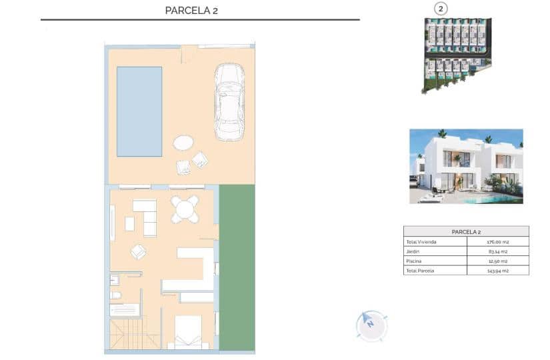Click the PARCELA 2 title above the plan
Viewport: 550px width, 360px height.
pyautogui.click(x=191, y=10)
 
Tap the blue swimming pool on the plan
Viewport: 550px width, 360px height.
pyautogui.click(x=139, y=111)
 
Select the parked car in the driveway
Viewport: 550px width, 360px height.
pyautogui.click(x=229, y=102)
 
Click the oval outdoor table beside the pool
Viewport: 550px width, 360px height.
pyautogui.click(x=183, y=143)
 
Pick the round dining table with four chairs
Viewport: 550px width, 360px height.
pyautogui.click(x=184, y=209)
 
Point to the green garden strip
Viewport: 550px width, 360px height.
pyautogui.click(x=237, y=267)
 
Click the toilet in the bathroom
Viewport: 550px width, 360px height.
pyautogui.click(x=115, y=295)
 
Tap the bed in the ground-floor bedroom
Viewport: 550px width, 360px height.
pyautogui.click(x=188, y=332)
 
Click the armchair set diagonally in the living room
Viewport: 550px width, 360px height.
pyautogui.click(x=138, y=251)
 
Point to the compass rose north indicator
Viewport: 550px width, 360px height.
pyautogui.click(x=369, y=323)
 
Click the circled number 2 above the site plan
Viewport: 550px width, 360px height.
pyautogui.click(x=441, y=9)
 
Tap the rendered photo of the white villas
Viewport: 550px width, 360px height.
pyautogui.click(x=465, y=166)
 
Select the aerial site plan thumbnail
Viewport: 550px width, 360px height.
pyautogui.click(x=457, y=53)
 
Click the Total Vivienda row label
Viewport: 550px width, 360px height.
pyautogui.click(x=421, y=242)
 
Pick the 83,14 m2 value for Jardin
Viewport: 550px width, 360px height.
pyautogui.click(x=498, y=251)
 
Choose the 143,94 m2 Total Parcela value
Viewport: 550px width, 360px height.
pyautogui.click(x=498, y=271)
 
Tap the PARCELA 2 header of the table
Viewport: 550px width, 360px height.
pyautogui.click(x=466, y=231)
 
